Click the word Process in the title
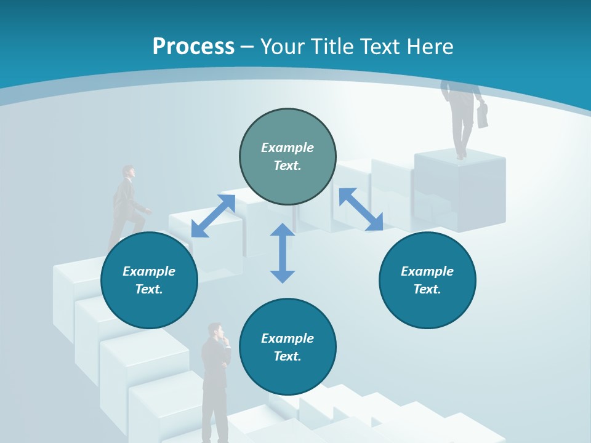(193, 46)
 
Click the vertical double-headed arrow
(283, 253)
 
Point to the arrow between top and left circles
(213, 215)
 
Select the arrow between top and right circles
(361, 209)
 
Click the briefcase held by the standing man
(483, 115)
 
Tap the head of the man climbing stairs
(127, 171)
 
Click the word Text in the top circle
(287, 166)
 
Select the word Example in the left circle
(149, 271)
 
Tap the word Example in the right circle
(427, 271)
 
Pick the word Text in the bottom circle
(287, 356)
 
